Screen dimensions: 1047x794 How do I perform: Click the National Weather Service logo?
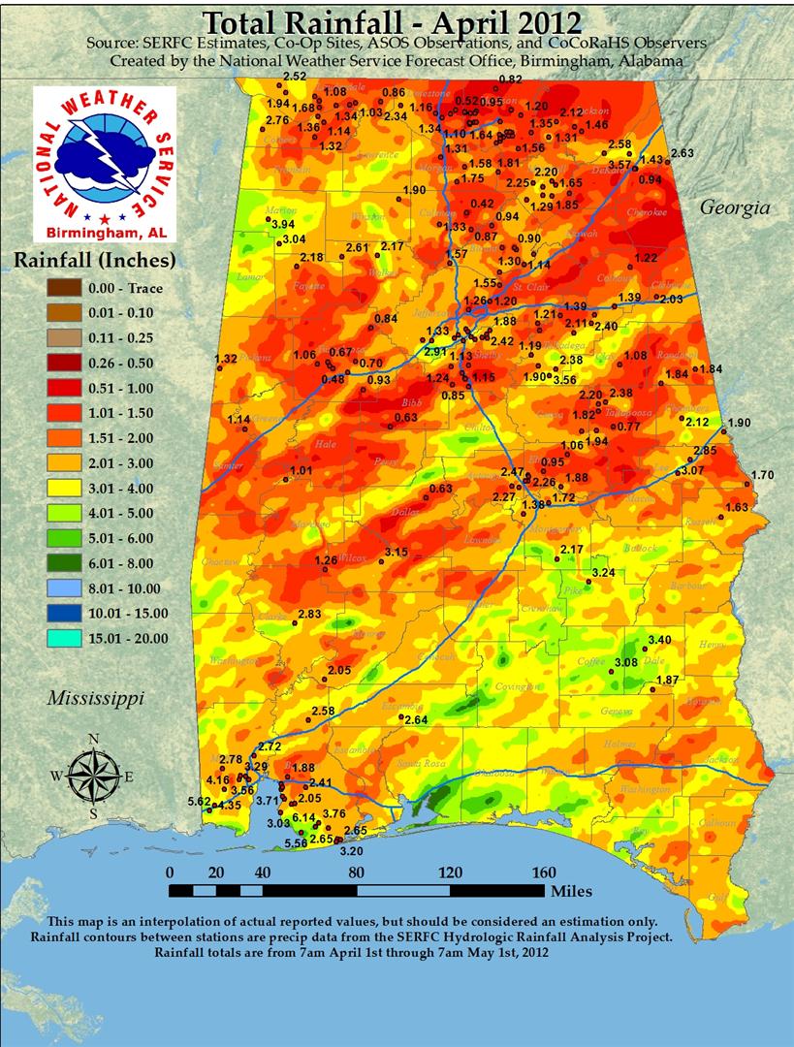point(105,163)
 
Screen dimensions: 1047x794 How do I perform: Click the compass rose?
point(93,777)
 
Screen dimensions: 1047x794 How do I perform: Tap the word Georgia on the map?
point(735,207)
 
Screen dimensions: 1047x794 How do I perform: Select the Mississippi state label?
point(96,698)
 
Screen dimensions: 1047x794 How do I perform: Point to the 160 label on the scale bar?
point(543,871)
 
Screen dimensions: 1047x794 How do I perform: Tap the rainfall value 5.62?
point(199,802)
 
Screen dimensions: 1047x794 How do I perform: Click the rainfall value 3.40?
point(659,639)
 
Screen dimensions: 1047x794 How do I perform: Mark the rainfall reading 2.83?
point(309,615)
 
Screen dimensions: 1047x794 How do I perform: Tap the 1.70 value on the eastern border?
point(763,475)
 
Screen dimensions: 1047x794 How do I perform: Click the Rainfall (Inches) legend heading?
point(94,260)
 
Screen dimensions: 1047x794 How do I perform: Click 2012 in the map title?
point(539,21)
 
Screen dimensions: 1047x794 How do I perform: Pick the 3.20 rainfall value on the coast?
point(352,851)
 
